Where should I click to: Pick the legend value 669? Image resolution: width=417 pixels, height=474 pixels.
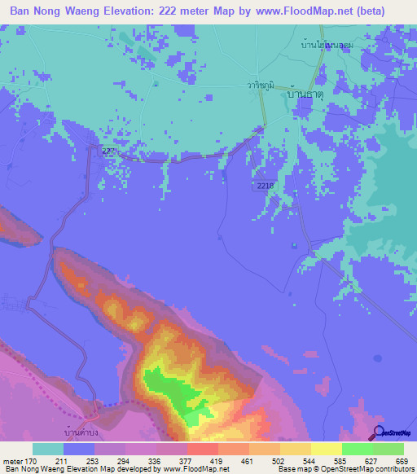(x=402, y=461)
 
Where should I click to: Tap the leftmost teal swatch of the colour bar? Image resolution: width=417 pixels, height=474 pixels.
(x=48, y=449)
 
